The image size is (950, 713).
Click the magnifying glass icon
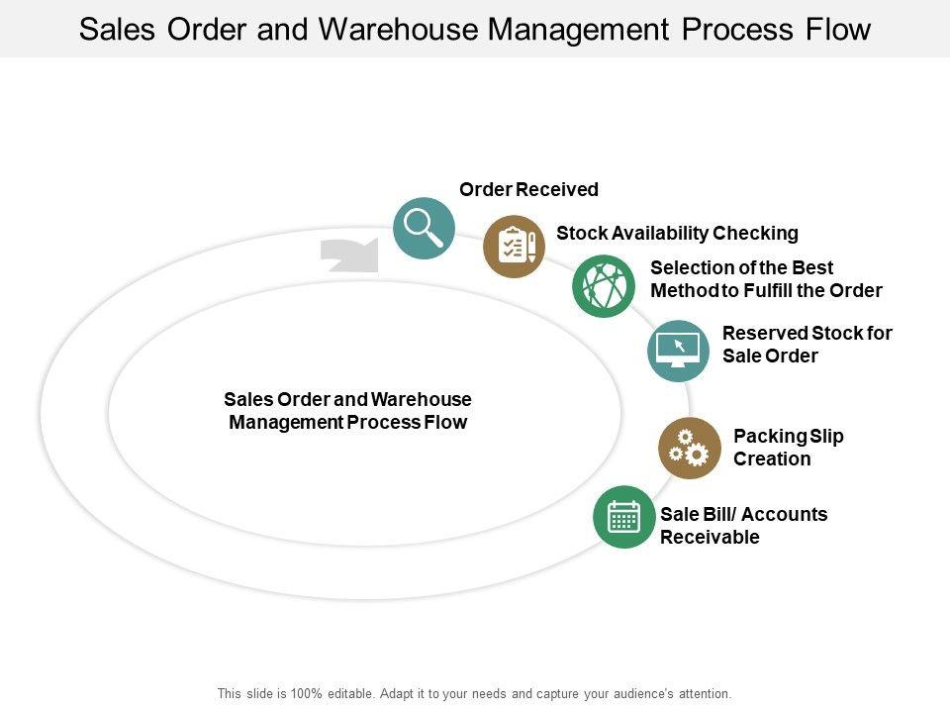coord(425,228)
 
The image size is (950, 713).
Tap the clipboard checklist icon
coord(514,247)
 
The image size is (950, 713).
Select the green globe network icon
coord(604,285)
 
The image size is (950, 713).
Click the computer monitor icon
coord(678,351)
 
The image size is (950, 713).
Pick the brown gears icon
coord(690,448)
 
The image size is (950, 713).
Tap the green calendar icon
coord(624,517)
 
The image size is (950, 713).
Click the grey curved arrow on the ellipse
coord(349,255)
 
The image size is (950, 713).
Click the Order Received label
coord(528,189)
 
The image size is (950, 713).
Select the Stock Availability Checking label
coord(677,233)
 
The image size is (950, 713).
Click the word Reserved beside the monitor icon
coord(765,333)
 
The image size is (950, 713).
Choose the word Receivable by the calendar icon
coord(710,537)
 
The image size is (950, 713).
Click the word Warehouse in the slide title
coord(399,29)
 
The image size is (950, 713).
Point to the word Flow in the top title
coord(838,29)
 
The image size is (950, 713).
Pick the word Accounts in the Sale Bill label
coord(784,514)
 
